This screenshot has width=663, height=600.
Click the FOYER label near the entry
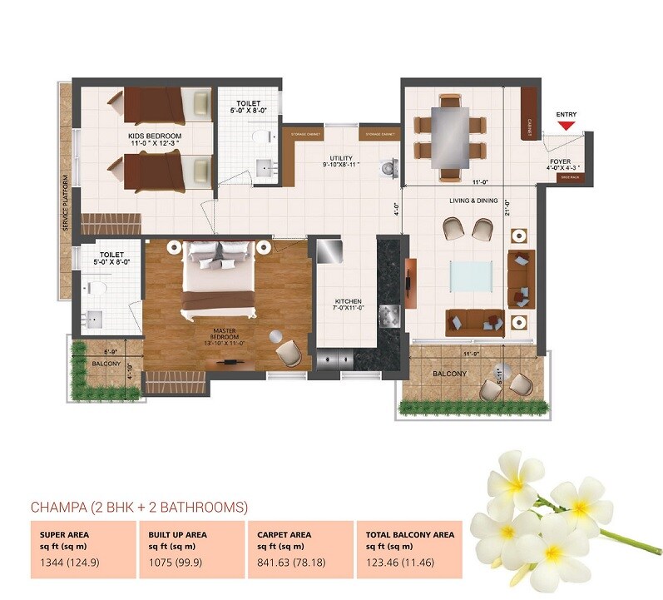click(560, 163)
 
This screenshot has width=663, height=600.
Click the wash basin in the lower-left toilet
click(93, 319)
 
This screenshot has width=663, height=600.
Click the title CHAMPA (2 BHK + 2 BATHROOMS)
click(139, 506)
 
